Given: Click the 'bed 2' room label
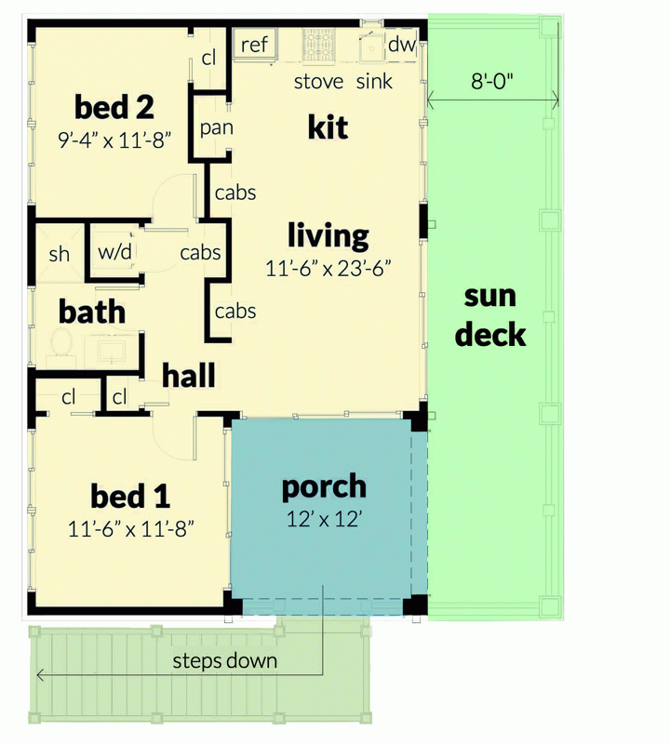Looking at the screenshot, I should (114, 108).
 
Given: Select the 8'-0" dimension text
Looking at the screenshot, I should (492, 81).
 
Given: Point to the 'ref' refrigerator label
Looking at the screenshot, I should (254, 45).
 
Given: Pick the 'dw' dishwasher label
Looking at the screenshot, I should (400, 45).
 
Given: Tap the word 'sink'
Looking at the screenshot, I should (374, 81).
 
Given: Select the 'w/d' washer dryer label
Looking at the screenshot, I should (114, 252).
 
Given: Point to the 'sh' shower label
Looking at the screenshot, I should (59, 253).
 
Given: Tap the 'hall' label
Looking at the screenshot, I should (189, 376).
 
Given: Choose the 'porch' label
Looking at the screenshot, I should (324, 486).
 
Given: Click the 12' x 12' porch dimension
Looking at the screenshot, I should (324, 518).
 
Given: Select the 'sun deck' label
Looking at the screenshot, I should (490, 315).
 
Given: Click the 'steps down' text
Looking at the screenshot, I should (225, 661).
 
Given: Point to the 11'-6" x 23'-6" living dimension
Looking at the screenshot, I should (328, 269).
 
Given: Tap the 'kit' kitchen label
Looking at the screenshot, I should (328, 126).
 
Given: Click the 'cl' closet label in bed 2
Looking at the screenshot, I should (208, 59).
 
